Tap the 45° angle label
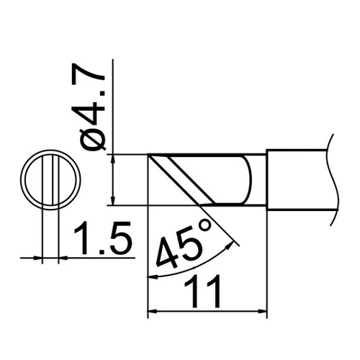(181, 243)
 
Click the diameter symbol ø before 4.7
(94, 138)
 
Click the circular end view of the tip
(49, 179)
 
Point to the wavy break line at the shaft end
(333, 173)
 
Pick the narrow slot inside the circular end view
(49, 179)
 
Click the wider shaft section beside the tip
(299, 179)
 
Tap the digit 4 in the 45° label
(167, 250)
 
